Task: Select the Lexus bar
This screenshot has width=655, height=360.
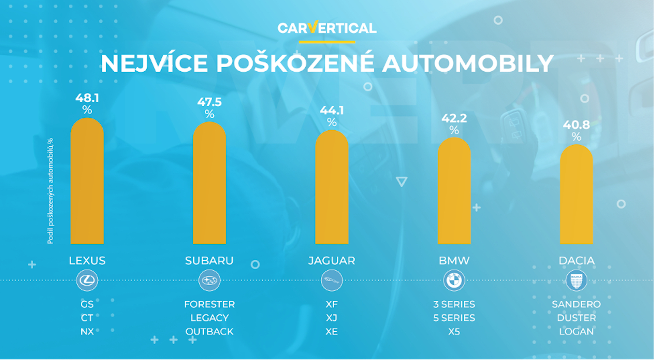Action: (x=87, y=181)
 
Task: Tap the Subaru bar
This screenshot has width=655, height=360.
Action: (x=209, y=183)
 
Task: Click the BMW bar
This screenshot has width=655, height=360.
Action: (x=454, y=191)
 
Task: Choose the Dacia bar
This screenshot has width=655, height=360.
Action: (x=576, y=194)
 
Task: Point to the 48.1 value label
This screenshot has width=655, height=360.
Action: (x=87, y=98)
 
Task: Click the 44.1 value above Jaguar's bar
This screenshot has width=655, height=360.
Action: (x=332, y=111)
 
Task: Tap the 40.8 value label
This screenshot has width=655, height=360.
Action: (x=576, y=125)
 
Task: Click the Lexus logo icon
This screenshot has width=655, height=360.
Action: (x=87, y=280)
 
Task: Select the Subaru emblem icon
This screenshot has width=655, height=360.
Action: (x=209, y=280)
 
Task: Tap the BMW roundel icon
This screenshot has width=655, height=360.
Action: (x=454, y=280)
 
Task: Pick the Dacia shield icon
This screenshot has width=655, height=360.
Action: (x=576, y=280)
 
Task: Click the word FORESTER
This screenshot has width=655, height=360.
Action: (x=209, y=304)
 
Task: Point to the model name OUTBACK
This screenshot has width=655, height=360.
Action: (x=209, y=331)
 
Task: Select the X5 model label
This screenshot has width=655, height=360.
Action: (x=454, y=331)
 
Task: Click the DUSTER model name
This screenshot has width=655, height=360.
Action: (x=576, y=318)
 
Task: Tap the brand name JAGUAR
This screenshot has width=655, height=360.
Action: (x=332, y=261)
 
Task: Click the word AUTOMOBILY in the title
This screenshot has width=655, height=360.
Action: (x=467, y=63)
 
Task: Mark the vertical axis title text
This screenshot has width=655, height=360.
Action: (x=50, y=191)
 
